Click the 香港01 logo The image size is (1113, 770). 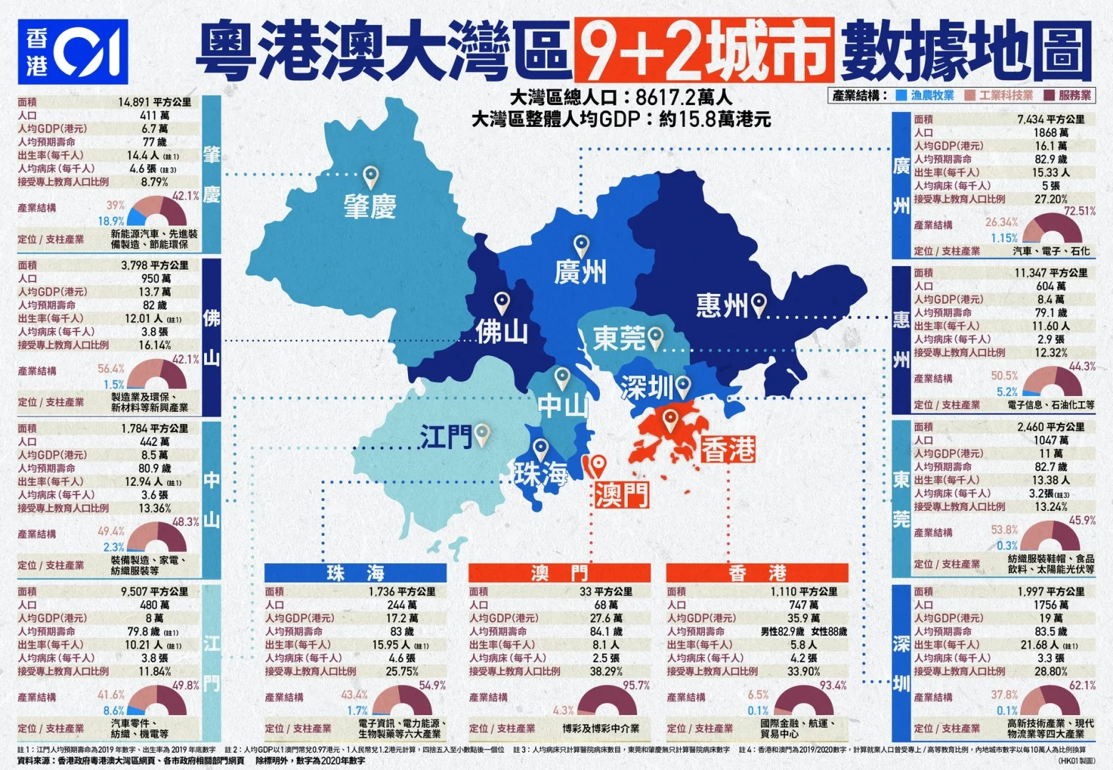72,52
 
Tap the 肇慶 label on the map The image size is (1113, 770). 370,207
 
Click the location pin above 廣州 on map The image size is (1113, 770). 581,245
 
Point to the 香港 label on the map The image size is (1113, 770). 728,450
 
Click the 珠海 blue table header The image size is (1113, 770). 355,572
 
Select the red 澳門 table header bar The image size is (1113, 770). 559,572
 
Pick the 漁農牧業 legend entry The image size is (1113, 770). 925,95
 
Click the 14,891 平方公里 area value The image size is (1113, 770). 154,102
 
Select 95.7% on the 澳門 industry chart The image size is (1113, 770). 636,685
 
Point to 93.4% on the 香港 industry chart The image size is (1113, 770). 833,685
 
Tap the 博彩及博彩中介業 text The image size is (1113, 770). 601,729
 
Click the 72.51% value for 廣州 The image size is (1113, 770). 1079,211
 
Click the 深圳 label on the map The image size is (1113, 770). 646,388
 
